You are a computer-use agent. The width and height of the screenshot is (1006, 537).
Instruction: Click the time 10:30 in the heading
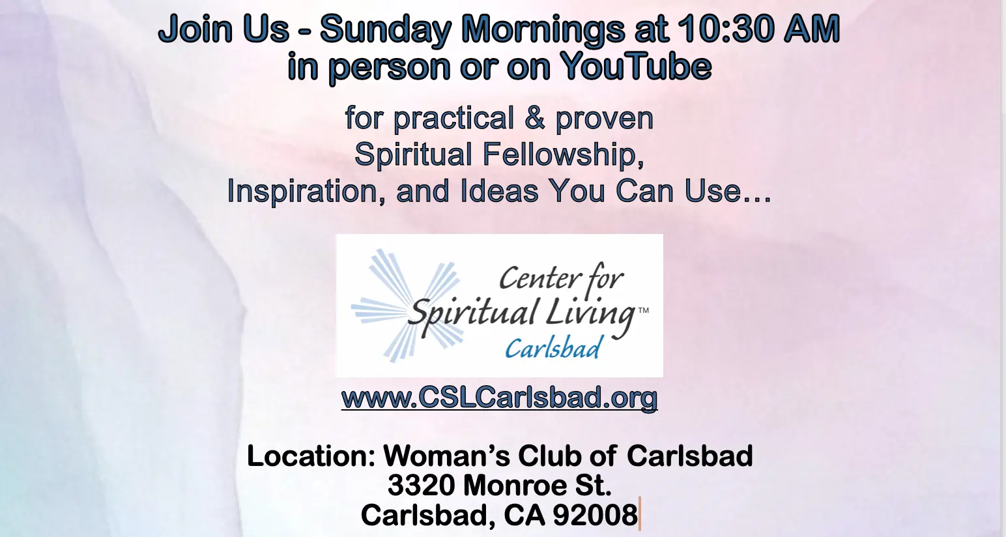pos(726,29)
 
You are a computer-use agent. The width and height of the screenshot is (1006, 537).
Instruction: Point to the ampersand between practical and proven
pos(534,118)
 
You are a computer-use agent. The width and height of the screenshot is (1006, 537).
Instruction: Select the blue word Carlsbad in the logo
pos(553,348)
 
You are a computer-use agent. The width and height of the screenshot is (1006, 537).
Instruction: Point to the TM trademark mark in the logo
pos(643,310)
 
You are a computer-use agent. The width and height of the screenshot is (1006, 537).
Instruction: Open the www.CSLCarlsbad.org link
pos(499,398)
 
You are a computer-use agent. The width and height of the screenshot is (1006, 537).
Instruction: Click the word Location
pos(311,456)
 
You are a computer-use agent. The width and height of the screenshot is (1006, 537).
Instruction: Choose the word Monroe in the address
pos(508,486)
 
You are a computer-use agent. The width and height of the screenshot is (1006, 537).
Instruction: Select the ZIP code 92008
pos(595,515)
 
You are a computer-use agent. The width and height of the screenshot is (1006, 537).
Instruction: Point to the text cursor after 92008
pos(640,514)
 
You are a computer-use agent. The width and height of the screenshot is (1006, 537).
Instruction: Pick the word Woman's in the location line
pos(446,456)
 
